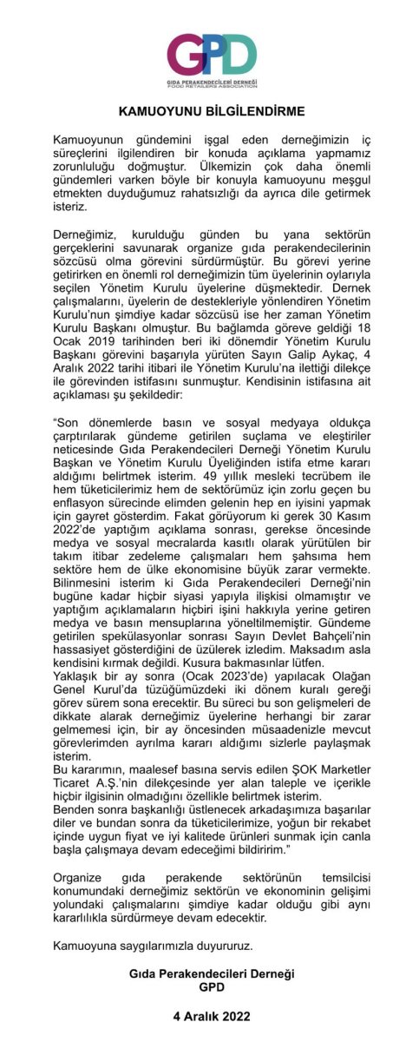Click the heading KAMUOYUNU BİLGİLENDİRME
209,113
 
